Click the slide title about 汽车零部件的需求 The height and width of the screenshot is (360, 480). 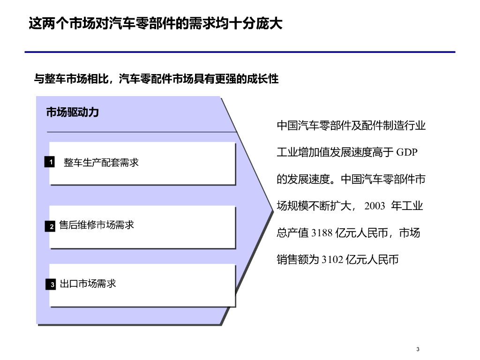click(156, 24)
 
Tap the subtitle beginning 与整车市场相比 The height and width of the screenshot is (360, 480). click(157, 79)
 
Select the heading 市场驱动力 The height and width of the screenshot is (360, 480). click(73, 112)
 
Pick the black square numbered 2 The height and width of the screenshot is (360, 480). click(51, 226)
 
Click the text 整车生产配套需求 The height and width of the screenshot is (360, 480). click(101, 163)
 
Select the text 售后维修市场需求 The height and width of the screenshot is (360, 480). click(97, 225)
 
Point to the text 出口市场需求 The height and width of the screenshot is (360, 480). click(88, 284)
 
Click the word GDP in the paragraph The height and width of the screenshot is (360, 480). click(407, 152)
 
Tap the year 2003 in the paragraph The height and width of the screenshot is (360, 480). click(374, 206)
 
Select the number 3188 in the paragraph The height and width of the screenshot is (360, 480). click(322, 233)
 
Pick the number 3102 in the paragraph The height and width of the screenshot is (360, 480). click(332, 260)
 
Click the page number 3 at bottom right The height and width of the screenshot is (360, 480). click(418, 349)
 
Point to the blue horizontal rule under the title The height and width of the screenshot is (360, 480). click(240, 52)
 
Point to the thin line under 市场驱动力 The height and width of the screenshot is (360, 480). click(141, 132)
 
